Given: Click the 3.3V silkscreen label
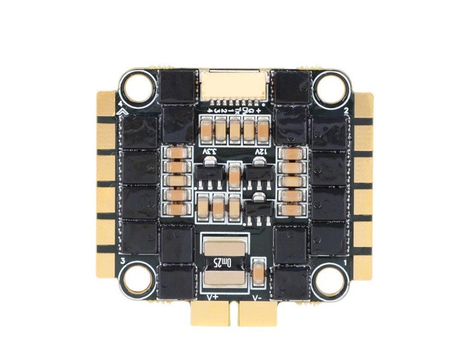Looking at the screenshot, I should click(x=210, y=152).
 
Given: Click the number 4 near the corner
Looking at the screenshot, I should click(x=122, y=103).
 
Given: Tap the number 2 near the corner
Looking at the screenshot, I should click(x=346, y=111).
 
